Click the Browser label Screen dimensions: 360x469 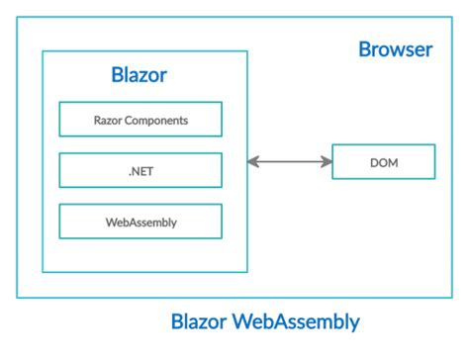pyautogui.click(x=395, y=49)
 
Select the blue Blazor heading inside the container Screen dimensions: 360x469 pyautogui.click(x=141, y=76)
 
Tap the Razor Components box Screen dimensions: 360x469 pyautogui.click(x=141, y=120)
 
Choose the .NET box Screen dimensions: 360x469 pyautogui.click(x=141, y=170)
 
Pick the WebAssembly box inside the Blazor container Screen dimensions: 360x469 pyautogui.click(x=141, y=222)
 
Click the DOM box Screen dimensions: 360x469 pyautogui.click(x=383, y=161)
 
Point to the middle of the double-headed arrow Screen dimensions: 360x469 pyautogui.click(x=288, y=161)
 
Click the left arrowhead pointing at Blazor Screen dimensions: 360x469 pyautogui.click(x=252, y=161)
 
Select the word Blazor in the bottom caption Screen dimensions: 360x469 pyautogui.click(x=201, y=322)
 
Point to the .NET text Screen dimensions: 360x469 pyautogui.click(x=141, y=170)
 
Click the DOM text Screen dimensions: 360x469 pyautogui.click(x=383, y=161)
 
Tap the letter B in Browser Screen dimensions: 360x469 pyautogui.click(x=364, y=49)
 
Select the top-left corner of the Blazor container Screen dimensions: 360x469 pyautogui.click(x=43, y=51)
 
